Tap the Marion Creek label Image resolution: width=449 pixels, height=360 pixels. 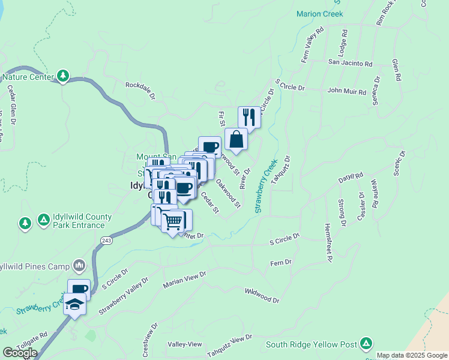pyautogui.click(x=319, y=14)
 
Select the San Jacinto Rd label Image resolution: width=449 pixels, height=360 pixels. pyautogui.click(x=350, y=63)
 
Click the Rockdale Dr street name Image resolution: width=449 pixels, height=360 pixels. pyautogui.click(x=140, y=91)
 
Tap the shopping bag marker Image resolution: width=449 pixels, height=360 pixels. pyautogui.click(x=237, y=140)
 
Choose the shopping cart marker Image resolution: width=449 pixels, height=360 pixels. pyautogui.click(x=173, y=222)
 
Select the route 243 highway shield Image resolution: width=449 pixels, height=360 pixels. pyautogui.click(x=106, y=241)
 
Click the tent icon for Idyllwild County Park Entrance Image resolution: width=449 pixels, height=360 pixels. pyautogui.click(x=43, y=220)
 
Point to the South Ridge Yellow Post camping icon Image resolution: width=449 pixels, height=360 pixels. pyautogui.click(x=366, y=344)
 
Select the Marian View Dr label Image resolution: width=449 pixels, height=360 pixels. pyautogui.click(x=184, y=280)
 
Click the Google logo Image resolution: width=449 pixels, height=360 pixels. pyautogui.click(x=20, y=353)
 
